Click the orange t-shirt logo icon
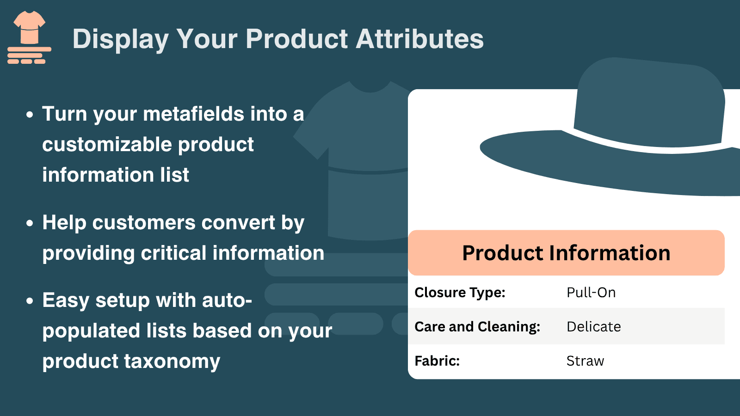click(x=30, y=37)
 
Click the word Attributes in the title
click(x=419, y=39)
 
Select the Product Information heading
click(x=566, y=253)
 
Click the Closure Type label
click(x=460, y=293)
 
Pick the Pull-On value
click(x=591, y=293)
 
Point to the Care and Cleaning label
click(x=477, y=326)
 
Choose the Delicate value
click(x=594, y=326)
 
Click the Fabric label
click(x=437, y=361)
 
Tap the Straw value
click(x=585, y=361)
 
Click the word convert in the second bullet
click(x=238, y=223)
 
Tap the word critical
click(x=173, y=253)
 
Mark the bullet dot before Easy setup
click(x=30, y=300)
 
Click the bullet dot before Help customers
click(x=30, y=223)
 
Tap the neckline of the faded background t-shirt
click(x=370, y=87)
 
